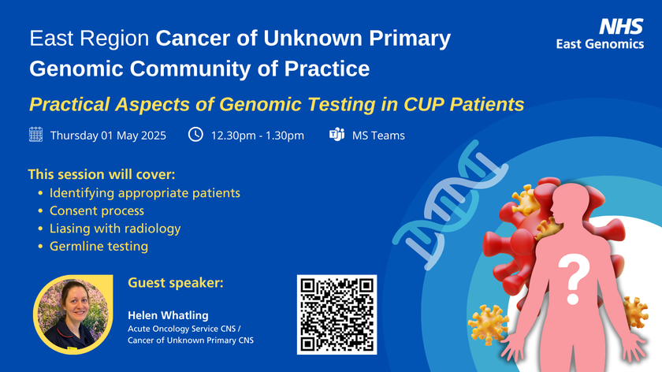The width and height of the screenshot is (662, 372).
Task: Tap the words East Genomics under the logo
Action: [x=601, y=45]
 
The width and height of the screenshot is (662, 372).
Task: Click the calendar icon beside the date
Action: [x=35, y=135]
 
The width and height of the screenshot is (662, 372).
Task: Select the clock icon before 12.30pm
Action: [x=196, y=135]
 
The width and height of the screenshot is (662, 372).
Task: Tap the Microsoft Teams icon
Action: [x=337, y=135]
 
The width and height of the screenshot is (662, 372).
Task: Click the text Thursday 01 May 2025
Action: [x=108, y=136]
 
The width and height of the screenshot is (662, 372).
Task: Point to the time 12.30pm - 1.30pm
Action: [x=257, y=136]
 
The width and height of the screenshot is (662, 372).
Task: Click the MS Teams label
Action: [x=378, y=136]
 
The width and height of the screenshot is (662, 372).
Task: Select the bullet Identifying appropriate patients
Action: [x=144, y=192]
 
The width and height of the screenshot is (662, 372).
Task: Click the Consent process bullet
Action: [x=96, y=210]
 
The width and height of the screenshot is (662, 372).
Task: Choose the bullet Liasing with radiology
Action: [x=115, y=229]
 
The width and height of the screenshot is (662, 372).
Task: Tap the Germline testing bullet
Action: [x=99, y=247]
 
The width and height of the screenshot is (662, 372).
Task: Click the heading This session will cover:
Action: [x=101, y=173]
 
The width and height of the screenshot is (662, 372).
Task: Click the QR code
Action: [x=337, y=314]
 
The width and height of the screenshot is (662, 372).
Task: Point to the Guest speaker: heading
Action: [x=175, y=282]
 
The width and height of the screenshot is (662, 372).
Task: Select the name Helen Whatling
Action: [x=168, y=314]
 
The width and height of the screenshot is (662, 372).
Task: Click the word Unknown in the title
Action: [x=329, y=38]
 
